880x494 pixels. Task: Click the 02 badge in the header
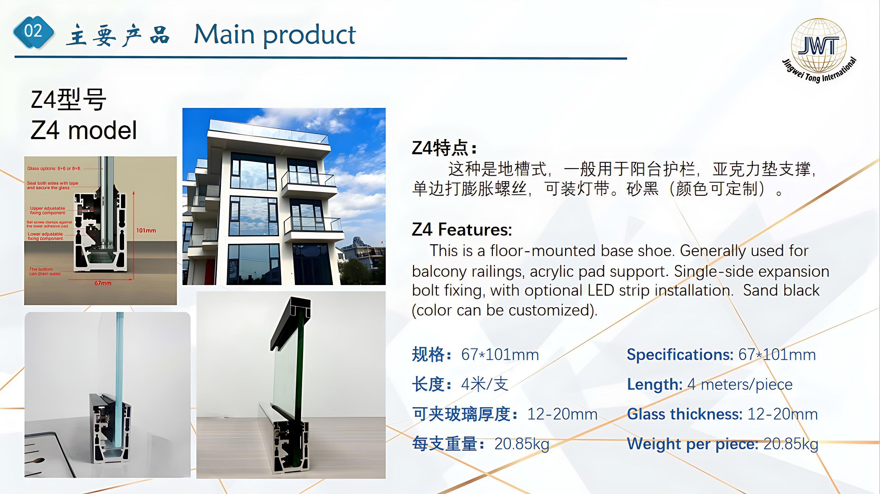[33, 32]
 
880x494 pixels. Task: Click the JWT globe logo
[818, 47]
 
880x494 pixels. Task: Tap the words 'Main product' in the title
[275, 35]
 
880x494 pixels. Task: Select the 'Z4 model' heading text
[84, 130]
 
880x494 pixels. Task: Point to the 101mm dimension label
[146, 230]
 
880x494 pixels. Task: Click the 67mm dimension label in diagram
[103, 283]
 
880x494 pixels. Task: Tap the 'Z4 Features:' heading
[462, 229]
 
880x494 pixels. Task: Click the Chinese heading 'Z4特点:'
[444, 148]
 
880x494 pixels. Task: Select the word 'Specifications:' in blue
[680, 355]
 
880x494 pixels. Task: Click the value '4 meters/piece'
[740, 384]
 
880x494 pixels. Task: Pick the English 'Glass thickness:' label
[684, 414]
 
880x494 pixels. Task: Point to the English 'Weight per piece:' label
[692, 444]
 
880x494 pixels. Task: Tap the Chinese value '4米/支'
[485, 384]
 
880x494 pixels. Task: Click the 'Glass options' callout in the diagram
[54, 168]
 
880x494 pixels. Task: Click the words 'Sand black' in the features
[781, 290]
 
